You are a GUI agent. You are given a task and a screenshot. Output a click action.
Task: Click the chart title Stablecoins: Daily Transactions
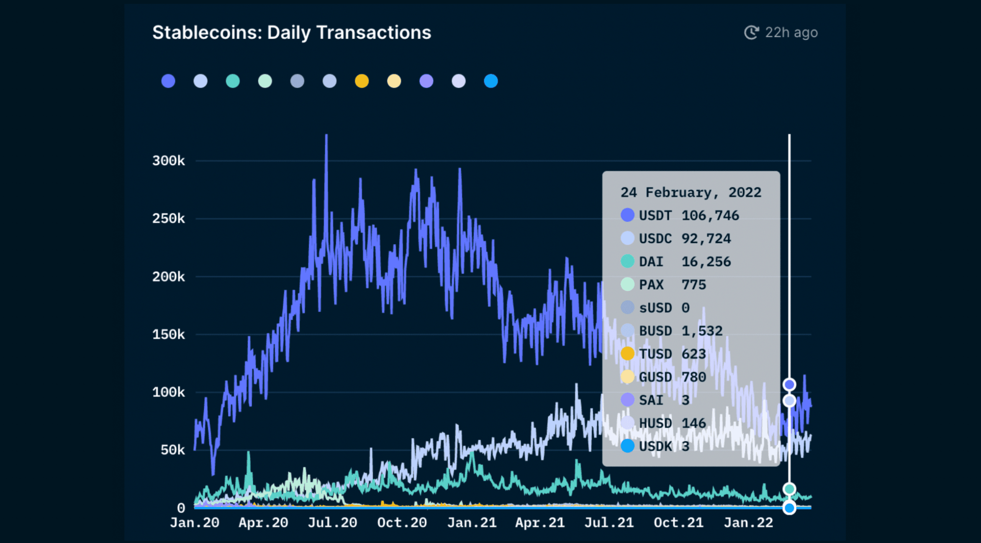[291, 33]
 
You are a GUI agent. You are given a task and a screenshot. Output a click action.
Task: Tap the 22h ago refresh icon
[751, 32]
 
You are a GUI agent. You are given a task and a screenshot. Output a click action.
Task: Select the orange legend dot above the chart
[362, 81]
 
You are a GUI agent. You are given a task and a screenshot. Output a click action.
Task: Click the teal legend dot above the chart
[233, 81]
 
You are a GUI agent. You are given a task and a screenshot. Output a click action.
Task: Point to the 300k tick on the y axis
[168, 160]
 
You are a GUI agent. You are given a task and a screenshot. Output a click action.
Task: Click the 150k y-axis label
[168, 334]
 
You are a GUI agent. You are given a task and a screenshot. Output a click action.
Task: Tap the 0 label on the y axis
[181, 508]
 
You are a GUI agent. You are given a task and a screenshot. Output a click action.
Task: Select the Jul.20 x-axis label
[332, 522]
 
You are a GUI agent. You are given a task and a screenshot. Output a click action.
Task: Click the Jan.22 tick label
[748, 522]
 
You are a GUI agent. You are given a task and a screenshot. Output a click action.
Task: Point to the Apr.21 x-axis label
[540, 522]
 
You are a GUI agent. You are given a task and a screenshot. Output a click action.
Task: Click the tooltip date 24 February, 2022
[691, 192]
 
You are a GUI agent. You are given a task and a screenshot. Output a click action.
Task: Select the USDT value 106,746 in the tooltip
[710, 215]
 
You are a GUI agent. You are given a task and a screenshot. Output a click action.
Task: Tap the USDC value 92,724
[706, 238]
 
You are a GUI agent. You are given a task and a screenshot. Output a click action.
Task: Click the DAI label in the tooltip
[651, 261]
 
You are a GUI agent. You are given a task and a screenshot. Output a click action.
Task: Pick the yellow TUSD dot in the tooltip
[627, 354]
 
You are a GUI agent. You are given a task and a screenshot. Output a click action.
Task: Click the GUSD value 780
[693, 377]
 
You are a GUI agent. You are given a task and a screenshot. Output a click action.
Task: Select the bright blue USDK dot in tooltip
[627, 446]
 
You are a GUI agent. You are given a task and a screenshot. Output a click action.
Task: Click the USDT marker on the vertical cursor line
[789, 384]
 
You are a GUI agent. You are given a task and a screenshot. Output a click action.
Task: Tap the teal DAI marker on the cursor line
[789, 489]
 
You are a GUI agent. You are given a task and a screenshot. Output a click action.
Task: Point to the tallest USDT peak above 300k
[326, 136]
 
